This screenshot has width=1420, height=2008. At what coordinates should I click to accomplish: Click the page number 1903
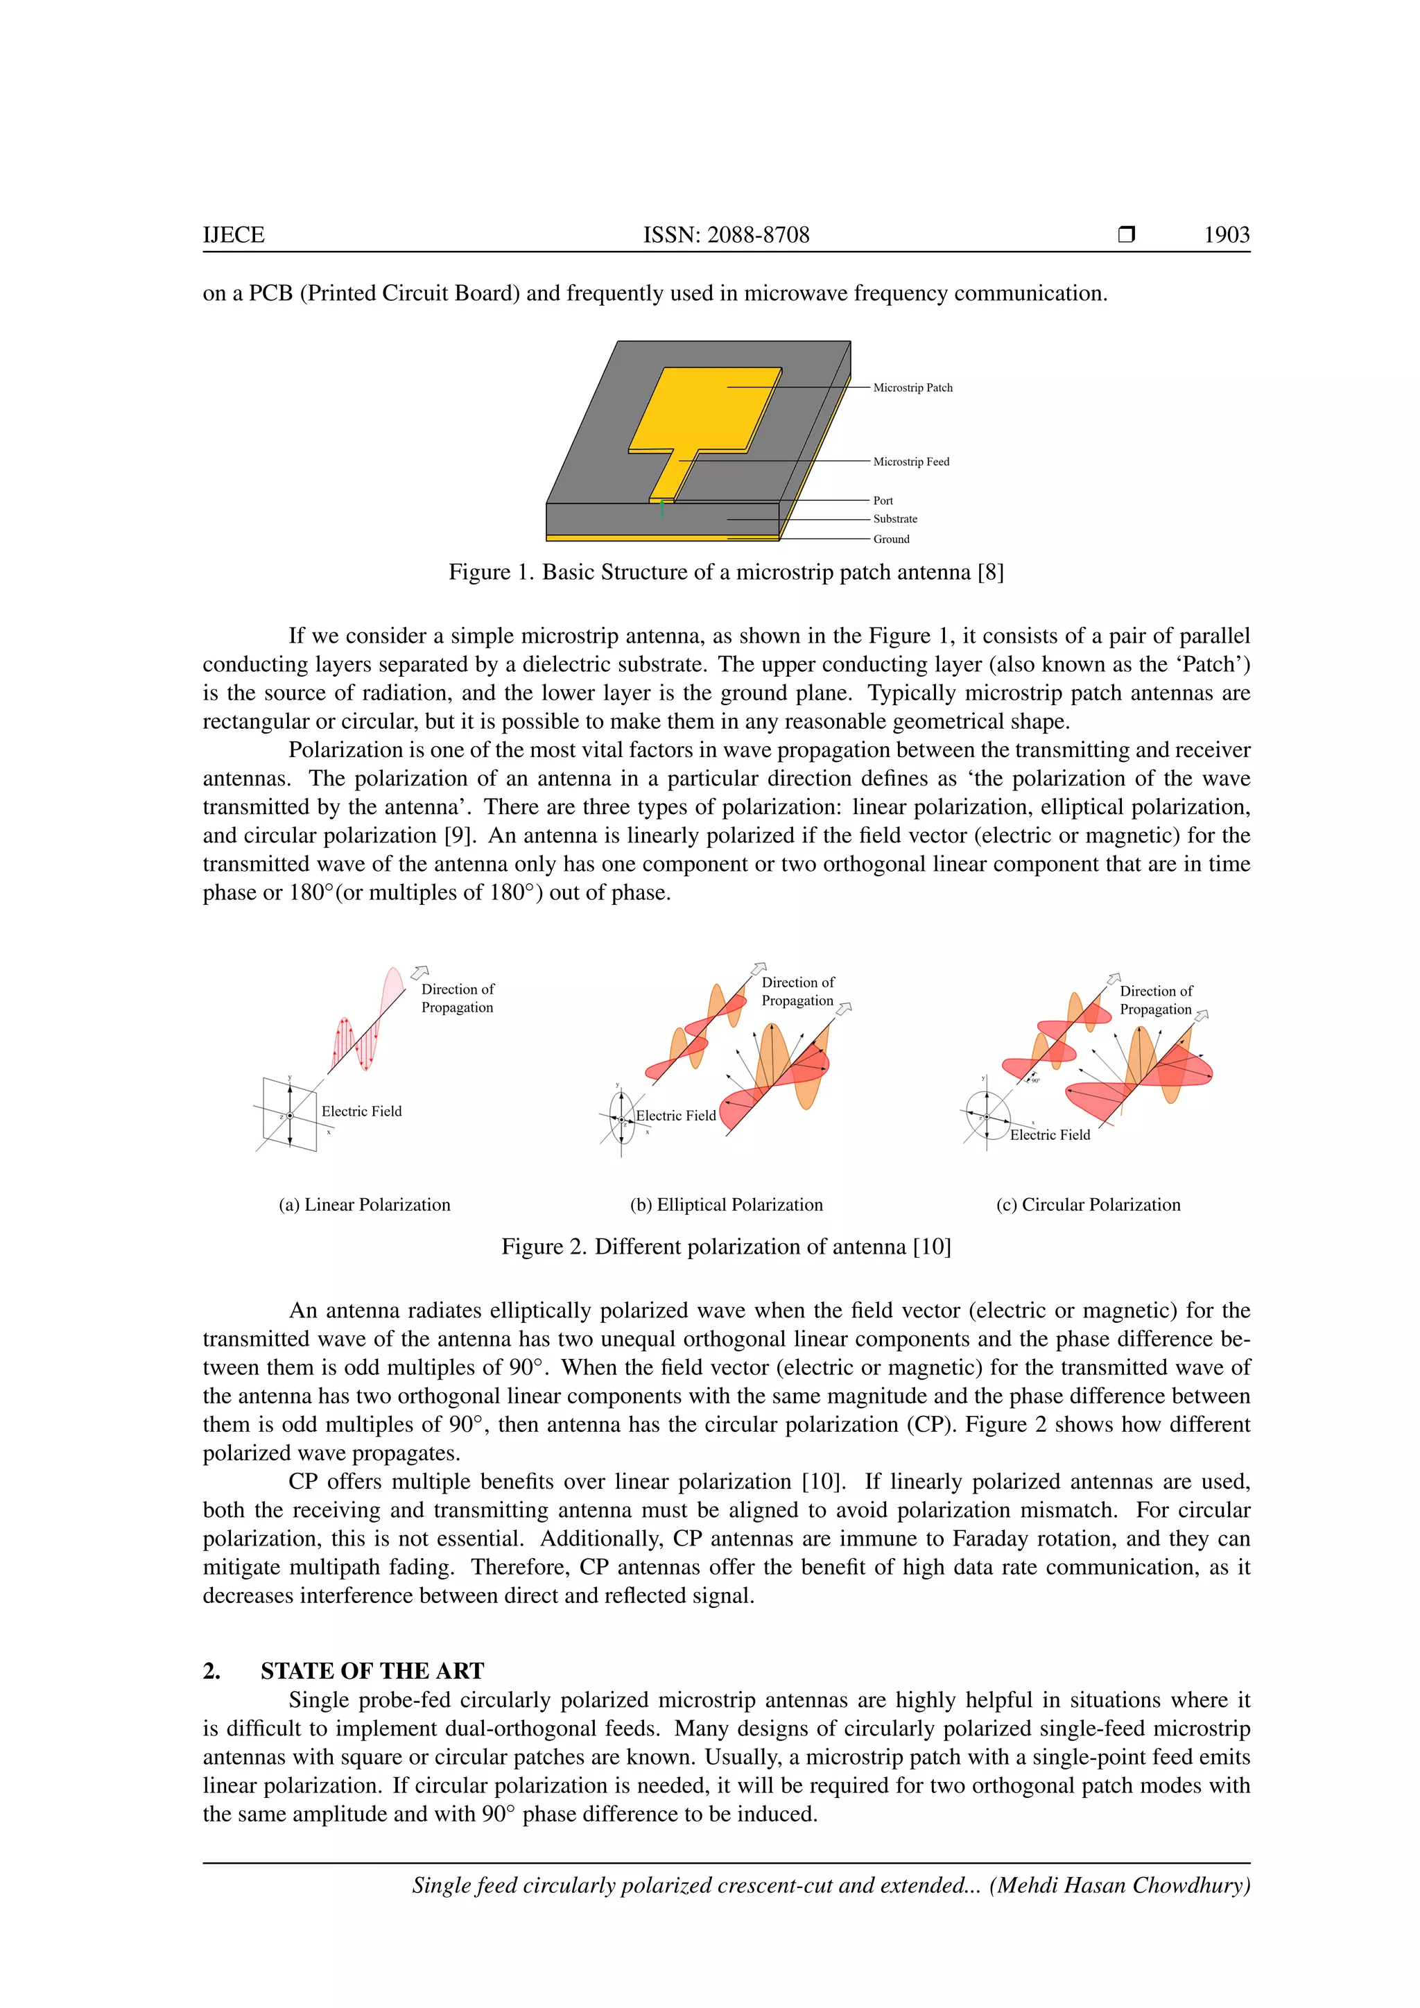coord(1226,234)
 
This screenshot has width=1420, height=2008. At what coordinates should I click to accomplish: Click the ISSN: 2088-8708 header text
coord(726,234)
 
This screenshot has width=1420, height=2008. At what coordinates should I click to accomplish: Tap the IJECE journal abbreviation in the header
coord(234,234)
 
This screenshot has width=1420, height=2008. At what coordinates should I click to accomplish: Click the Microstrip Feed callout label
coord(910,462)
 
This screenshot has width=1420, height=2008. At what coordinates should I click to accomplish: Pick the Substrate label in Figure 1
coord(894,519)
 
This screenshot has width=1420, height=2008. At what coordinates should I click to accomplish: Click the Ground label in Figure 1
coord(890,539)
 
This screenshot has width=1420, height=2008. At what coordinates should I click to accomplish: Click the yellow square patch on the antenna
coord(708,407)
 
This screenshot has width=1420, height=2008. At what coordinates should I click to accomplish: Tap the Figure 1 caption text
coord(726,572)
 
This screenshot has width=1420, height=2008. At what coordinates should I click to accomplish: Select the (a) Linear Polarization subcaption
coord(365,1204)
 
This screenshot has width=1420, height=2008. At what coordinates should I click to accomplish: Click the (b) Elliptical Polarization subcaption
coord(726,1204)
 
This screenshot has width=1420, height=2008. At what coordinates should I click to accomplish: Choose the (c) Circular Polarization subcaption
coord(1088,1204)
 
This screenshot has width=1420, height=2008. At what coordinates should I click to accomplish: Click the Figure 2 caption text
coord(726,1246)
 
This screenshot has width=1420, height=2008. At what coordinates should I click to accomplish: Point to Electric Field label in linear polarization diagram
coord(361,1111)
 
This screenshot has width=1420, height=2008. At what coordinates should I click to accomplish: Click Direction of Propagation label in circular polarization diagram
coord(1155,1000)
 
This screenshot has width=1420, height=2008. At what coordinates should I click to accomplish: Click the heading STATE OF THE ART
coord(372,1670)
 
